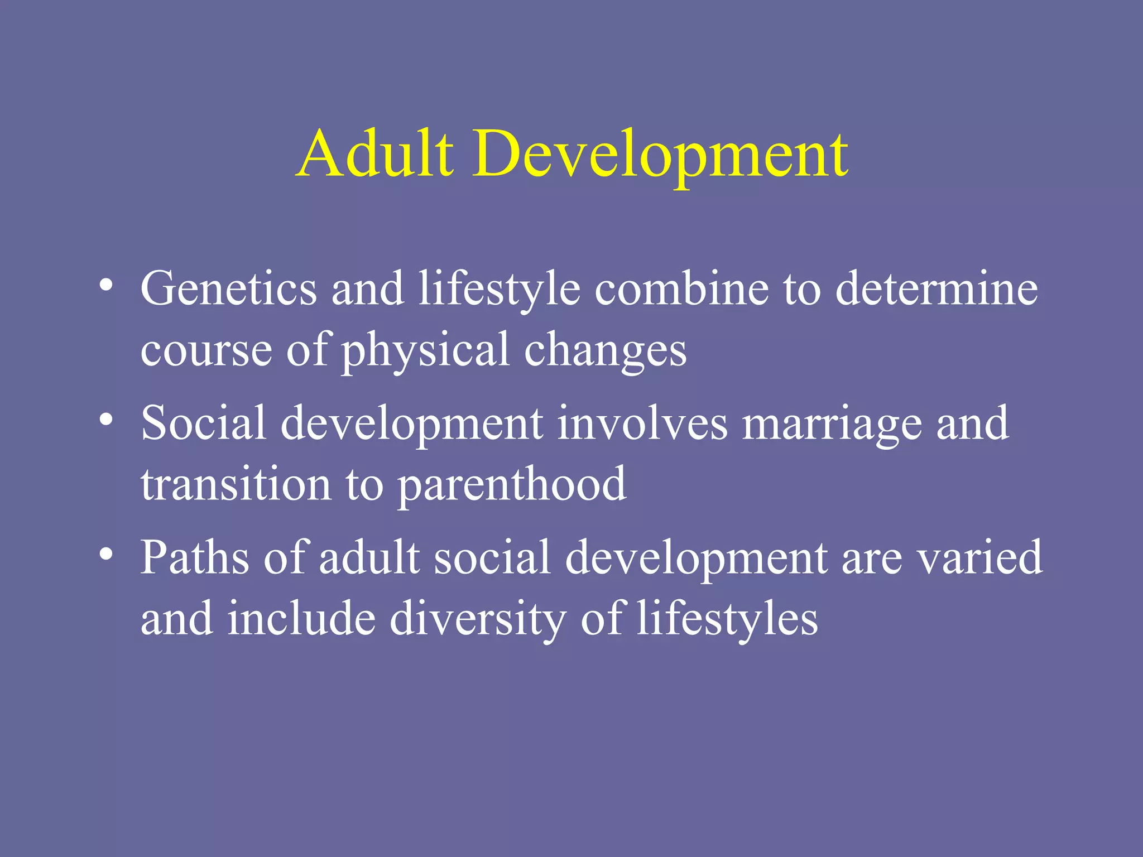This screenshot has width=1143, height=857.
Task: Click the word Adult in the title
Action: (x=374, y=153)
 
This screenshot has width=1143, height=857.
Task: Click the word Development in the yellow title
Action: (x=661, y=154)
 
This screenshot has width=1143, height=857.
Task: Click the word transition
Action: (x=236, y=484)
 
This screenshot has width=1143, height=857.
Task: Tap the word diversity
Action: (x=478, y=619)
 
